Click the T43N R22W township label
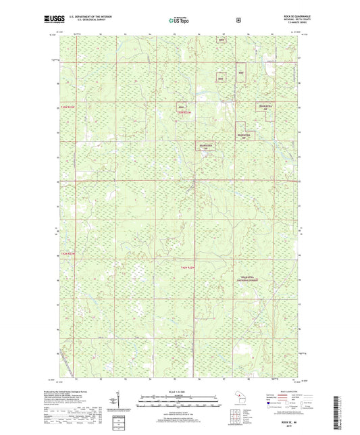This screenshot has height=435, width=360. (x=194, y=112)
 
